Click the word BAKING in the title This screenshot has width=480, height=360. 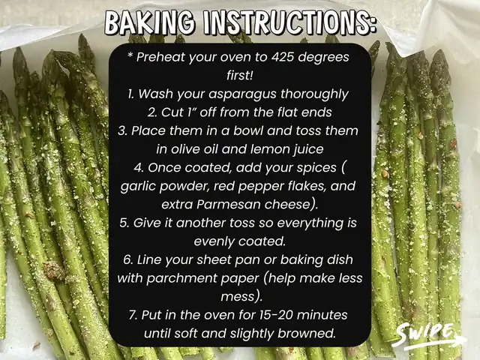[150, 23]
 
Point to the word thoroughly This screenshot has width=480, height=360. [314, 94]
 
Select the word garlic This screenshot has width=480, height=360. [138, 187]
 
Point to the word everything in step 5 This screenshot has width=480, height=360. [310, 223]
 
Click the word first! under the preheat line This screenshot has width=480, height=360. [240, 75]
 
